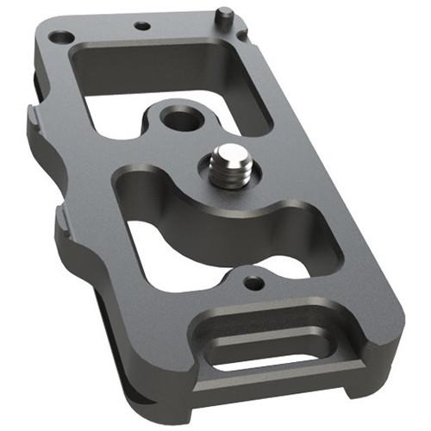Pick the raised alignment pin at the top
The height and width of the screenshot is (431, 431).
223,16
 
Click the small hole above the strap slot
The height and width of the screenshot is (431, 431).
252,282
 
